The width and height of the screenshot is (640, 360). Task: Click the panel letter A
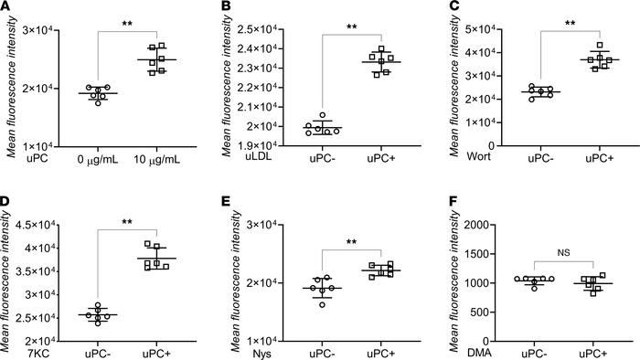pyautogui.click(x=6, y=7)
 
